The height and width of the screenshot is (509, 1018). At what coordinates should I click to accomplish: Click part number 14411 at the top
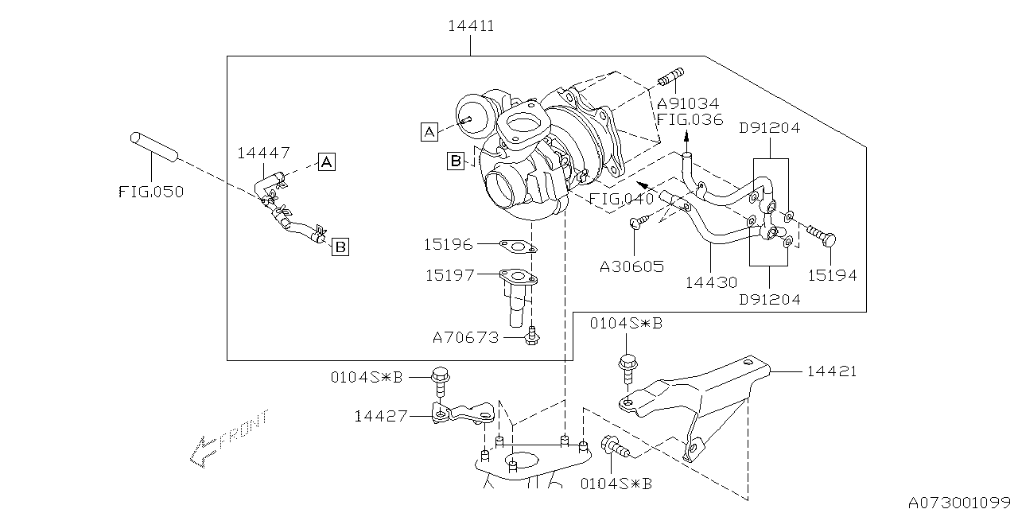pyautogui.click(x=470, y=25)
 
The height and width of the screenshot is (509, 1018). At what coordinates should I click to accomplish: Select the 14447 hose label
pyautogui.click(x=263, y=153)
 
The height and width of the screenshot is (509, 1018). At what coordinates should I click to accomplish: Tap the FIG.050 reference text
pyautogui.click(x=151, y=192)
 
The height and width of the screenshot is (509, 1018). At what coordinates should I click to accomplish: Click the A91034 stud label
pyautogui.click(x=688, y=104)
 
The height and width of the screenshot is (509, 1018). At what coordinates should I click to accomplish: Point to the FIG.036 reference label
pyautogui.click(x=690, y=120)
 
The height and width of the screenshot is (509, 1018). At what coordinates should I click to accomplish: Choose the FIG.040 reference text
pyautogui.click(x=622, y=198)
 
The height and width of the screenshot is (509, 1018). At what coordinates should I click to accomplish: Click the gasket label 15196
pyautogui.click(x=448, y=245)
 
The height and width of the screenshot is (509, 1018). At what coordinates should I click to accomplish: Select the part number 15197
pyautogui.click(x=449, y=275)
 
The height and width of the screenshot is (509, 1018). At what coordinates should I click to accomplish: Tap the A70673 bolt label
pyautogui.click(x=465, y=337)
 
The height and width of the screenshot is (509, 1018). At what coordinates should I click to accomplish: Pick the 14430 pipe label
pyautogui.click(x=710, y=282)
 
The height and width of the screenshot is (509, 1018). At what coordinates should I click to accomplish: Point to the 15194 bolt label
pyautogui.click(x=832, y=275)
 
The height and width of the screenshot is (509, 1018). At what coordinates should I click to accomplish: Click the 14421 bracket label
pyautogui.click(x=832, y=371)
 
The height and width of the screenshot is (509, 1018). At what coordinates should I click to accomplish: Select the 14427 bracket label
pyautogui.click(x=381, y=415)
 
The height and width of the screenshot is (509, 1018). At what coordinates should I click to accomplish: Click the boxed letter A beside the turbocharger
pyautogui.click(x=429, y=132)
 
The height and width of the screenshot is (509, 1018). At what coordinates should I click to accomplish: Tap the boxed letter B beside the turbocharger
pyautogui.click(x=455, y=161)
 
